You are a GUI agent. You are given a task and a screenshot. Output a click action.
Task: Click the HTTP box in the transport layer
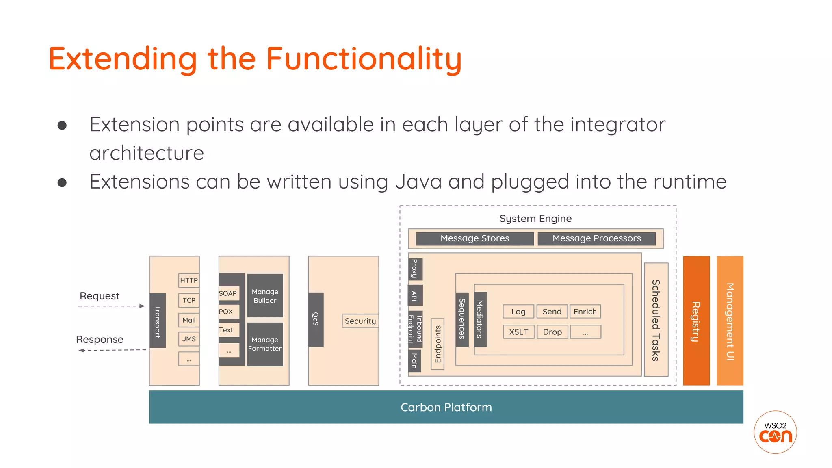[189, 280]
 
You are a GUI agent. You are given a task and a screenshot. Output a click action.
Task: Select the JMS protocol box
[189, 339]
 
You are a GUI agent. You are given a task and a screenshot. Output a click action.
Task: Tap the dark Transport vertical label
[158, 321]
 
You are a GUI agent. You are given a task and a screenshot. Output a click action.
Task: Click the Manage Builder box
[265, 296]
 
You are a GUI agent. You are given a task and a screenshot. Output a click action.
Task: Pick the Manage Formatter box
[265, 344]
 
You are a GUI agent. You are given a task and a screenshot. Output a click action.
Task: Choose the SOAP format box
[228, 293]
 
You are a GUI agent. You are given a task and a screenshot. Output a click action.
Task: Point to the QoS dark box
[316, 320]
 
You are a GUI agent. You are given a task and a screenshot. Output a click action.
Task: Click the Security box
[360, 321]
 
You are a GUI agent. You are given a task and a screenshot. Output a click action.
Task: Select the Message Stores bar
[475, 238]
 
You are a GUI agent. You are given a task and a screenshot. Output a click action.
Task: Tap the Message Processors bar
[596, 238]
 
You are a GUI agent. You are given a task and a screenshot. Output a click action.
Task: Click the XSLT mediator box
[519, 332]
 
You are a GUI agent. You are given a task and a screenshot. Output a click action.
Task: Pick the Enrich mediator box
[585, 312]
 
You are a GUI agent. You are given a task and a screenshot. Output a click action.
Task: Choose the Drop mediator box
[552, 332]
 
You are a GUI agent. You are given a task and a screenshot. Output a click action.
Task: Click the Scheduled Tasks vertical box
[656, 320]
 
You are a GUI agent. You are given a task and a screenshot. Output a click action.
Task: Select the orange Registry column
[696, 321]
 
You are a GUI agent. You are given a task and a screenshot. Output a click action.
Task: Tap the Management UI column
[730, 321]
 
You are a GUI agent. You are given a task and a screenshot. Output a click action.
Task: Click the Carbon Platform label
[446, 407]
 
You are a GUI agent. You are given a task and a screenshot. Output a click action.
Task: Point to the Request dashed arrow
[111, 306]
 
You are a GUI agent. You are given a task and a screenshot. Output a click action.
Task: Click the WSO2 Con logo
[775, 432]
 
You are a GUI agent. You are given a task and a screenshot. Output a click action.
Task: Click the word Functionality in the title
[364, 59]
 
